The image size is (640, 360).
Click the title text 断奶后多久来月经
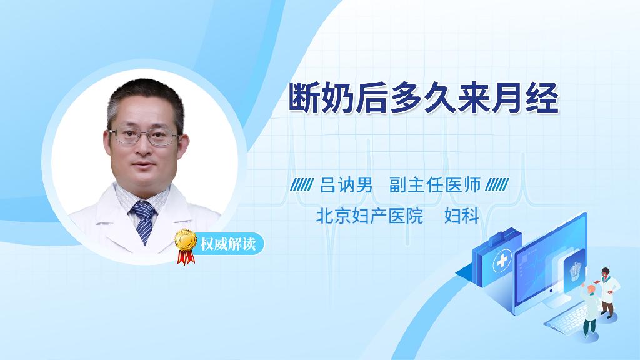pyautogui.click(x=423, y=98)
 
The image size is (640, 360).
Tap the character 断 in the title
pyautogui.click(x=304, y=98)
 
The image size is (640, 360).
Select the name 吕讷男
pyautogui.click(x=346, y=185)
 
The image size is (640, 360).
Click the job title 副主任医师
pyautogui.click(x=435, y=185)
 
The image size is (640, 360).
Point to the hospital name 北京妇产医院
pyautogui.click(x=370, y=216)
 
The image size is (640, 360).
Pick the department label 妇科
pyautogui.click(x=462, y=216)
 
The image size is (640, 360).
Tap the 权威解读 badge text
pyautogui.click(x=228, y=244)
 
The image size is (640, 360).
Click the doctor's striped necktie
pyautogui.click(x=143, y=221)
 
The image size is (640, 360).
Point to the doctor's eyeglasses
pyautogui.click(x=144, y=136)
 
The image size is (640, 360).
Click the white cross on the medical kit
pyautogui.click(x=502, y=261)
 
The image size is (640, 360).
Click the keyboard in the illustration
pyautogui.click(x=567, y=319)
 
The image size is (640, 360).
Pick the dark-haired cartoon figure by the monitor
pyautogui.click(x=607, y=292)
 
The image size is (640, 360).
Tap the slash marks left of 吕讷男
pyautogui.click(x=302, y=185)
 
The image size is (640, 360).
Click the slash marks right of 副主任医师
pyautogui.click(x=497, y=185)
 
